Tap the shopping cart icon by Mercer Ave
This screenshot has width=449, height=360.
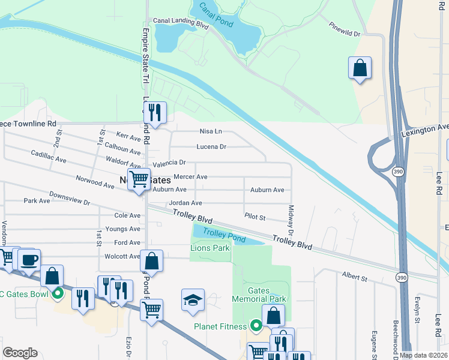pyautogui.click(x=139, y=179)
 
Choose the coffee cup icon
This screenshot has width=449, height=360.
pyautogui.click(x=29, y=260)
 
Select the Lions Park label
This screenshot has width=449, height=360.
pyautogui.click(x=210, y=248)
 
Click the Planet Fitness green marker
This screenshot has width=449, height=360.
pyautogui.click(x=256, y=326)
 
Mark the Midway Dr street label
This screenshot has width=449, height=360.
pyautogui.click(x=291, y=220)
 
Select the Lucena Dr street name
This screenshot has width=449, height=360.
pyautogui.click(x=211, y=146)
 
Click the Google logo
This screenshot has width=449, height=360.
pyautogui.click(x=20, y=353)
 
